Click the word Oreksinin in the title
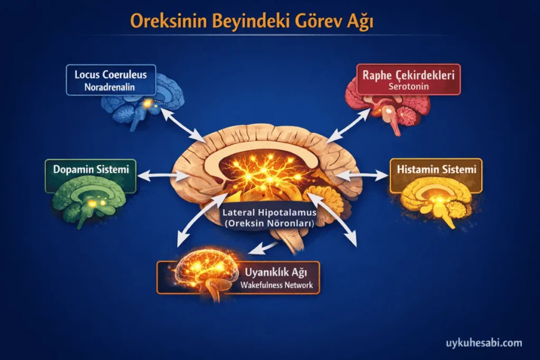tap(169, 21)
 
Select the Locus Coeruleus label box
tap(111, 80)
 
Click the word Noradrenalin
tap(110, 87)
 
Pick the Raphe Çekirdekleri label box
tap(409, 79)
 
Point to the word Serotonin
tap(409, 86)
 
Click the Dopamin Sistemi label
tap(91, 169)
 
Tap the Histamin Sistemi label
tap(436, 169)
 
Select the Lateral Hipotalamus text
tap(269, 212)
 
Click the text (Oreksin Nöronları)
tap(269, 223)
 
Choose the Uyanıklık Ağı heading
tap(276, 272)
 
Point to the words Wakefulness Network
tap(276, 285)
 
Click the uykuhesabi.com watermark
tap(484, 343)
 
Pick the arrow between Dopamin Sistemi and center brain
tap(163, 176)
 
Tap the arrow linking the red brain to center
tap(349, 125)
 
